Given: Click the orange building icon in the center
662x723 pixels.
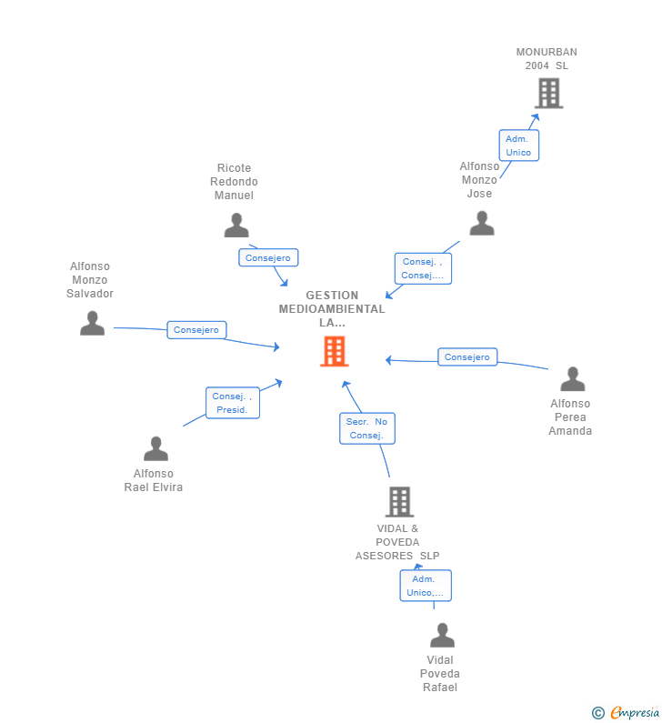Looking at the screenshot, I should pyautogui.click(x=334, y=351).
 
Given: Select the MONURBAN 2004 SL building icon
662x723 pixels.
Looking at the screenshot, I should pyautogui.click(x=548, y=93).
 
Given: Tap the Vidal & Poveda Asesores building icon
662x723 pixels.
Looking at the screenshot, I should pyautogui.click(x=399, y=501).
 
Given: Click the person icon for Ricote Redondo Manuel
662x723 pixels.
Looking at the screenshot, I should pyautogui.click(x=236, y=225).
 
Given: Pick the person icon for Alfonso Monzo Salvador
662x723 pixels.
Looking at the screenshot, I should pyautogui.click(x=92, y=323).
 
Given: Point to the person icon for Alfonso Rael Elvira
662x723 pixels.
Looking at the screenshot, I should pyautogui.click(x=155, y=448).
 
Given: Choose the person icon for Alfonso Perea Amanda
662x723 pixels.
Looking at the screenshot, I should pyautogui.click(x=572, y=378).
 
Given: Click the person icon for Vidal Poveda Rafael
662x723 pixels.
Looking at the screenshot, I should pyautogui.click(x=442, y=635).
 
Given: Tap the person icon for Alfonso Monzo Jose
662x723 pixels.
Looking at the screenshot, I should pyautogui.click(x=481, y=223).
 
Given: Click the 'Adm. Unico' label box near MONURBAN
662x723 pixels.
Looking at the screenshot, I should pyautogui.click(x=518, y=146).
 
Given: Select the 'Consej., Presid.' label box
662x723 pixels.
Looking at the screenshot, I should pyautogui.click(x=233, y=403).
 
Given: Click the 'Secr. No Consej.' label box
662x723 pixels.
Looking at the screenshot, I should pyautogui.click(x=367, y=428).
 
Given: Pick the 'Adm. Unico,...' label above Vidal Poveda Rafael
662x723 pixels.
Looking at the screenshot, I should pyautogui.click(x=426, y=586).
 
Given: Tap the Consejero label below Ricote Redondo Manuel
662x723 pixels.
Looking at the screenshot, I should pyautogui.click(x=268, y=258).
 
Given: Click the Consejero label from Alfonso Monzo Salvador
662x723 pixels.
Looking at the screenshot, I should pyautogui.click(x=196, y=330).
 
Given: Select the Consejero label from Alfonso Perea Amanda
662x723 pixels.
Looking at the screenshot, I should pyautogui.click(x=467, y=357).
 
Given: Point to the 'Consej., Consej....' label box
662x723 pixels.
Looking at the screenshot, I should pyautogui.click(x=423, y=268).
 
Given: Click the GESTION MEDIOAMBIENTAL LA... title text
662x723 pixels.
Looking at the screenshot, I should pyautogui.click(x=332, y=308).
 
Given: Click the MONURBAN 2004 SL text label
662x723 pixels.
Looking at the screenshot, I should pyautogui.click(x=547, y=58).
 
